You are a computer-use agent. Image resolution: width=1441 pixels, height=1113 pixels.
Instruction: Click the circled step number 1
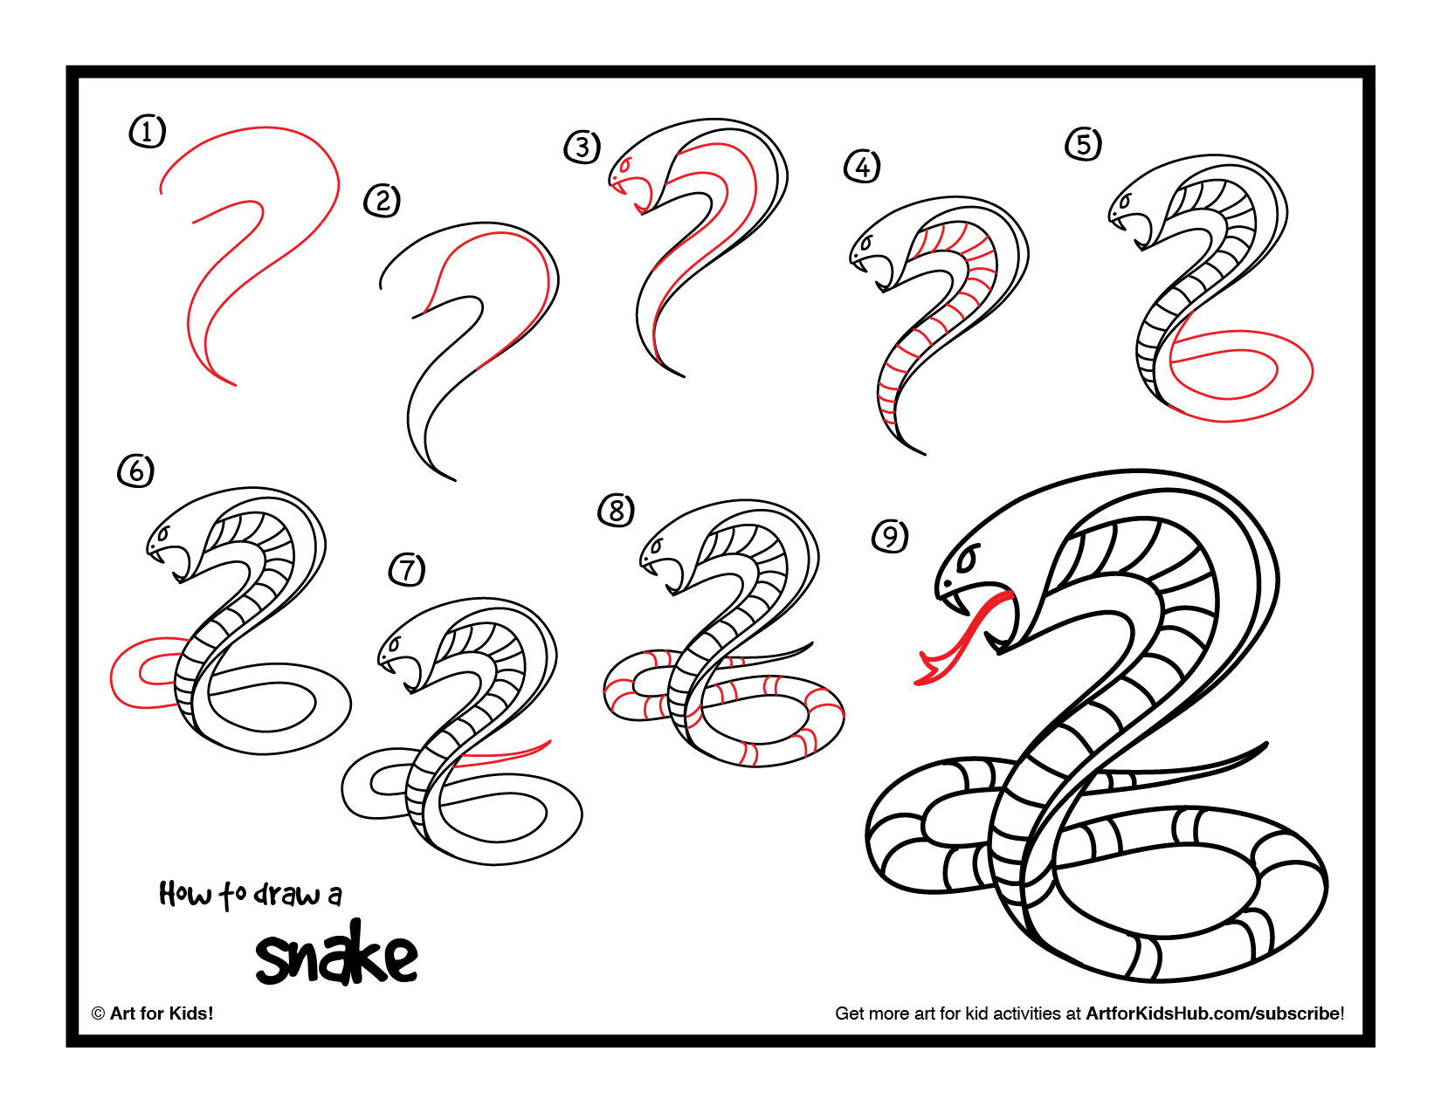(147, 132)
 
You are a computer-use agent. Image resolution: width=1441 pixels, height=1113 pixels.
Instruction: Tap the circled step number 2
(382, 201)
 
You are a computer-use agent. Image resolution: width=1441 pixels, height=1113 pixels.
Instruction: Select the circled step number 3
(583, 148)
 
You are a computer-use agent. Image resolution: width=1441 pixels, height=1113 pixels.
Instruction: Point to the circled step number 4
(862, 166)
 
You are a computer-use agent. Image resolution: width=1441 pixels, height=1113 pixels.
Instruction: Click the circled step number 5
(1083, 144)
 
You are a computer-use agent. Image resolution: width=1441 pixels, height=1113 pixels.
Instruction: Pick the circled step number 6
(135, 471)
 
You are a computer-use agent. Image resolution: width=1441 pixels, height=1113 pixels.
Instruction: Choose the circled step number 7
(407, 570)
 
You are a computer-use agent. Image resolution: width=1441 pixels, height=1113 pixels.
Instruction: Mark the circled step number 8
(617, 510)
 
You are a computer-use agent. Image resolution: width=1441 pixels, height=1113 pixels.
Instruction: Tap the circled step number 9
(890, 536)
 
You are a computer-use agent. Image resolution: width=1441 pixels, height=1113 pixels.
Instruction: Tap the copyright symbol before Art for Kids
(98, 1013)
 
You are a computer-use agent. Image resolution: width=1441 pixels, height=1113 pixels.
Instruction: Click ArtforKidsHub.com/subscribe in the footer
(1214, 1013)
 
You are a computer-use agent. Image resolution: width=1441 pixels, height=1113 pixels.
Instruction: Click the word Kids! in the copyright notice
(191, 1013)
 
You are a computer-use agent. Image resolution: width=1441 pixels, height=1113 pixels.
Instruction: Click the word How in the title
(184, 894)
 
